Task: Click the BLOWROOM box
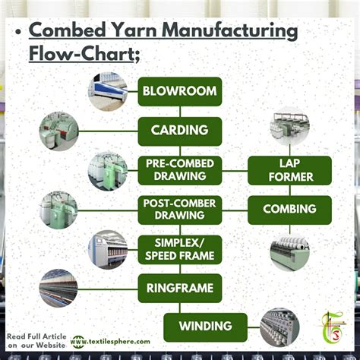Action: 179,92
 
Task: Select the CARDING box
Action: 179,131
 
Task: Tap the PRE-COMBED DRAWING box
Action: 179,170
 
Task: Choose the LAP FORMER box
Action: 289,170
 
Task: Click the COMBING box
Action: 289,210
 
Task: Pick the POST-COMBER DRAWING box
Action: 179,210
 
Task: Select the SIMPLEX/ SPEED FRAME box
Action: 179,249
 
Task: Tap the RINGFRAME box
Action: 179,288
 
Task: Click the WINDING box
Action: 205,327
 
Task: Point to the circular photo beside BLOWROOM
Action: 108,92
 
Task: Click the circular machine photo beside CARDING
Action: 58,131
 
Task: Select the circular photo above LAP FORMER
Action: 289,131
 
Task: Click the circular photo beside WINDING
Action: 279,327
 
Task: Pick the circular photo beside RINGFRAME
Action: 58,288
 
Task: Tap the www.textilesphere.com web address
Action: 115,342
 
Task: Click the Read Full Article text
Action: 36,336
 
